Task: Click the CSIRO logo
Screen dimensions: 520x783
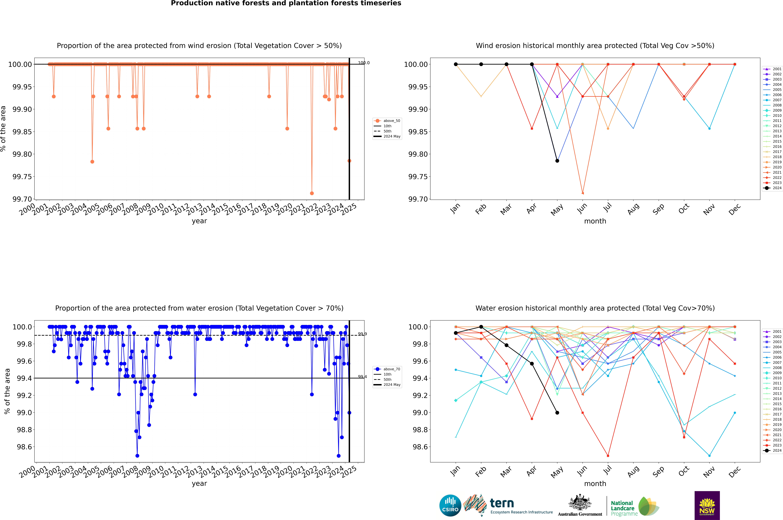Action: [450, 505]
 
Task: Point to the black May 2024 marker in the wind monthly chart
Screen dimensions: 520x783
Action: [557, 161]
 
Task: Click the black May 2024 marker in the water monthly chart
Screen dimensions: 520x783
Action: [557, 413]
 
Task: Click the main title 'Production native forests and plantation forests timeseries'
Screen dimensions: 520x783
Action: [286, 3]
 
